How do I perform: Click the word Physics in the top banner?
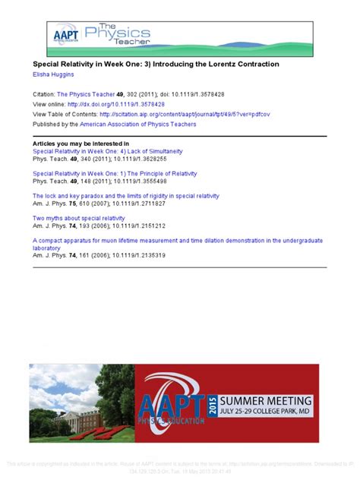[111, 32]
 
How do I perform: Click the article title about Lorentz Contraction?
[156, 65]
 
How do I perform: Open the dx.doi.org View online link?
[115, 103]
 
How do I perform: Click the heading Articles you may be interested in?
[81, 143]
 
